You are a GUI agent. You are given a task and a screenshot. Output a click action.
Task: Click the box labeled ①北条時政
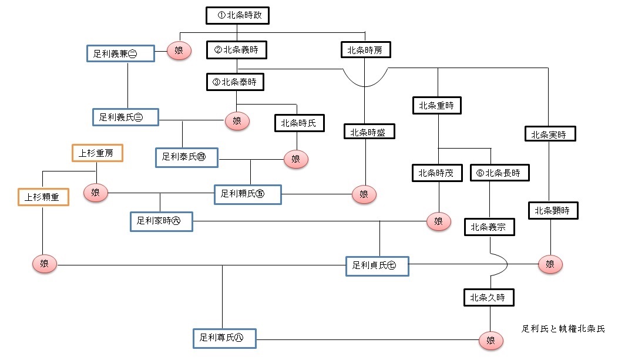tap(237, 15)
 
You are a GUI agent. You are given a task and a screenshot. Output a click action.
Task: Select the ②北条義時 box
tap(237, 50)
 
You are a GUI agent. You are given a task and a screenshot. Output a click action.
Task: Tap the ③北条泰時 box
tap(236, 82)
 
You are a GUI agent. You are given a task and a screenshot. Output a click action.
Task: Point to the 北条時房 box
tap(366, 50)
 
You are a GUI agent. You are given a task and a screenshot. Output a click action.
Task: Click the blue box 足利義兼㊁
tap(120, 53)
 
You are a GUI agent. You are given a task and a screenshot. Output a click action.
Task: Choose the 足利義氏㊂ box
tap(126, 117)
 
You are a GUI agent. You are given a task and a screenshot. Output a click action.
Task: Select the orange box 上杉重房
tap(97, 153)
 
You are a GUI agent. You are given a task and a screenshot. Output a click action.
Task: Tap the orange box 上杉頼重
tap(43, 197)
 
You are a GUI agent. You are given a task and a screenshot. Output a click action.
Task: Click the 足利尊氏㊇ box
tap(224, 338)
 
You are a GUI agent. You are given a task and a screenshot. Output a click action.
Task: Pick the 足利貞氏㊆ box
tap(377, 266)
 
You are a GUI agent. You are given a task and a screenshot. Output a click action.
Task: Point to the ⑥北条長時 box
tap(500, 173)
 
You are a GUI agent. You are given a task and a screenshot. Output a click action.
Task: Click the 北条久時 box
tap(489, 298)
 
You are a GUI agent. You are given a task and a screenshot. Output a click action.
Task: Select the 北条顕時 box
tap(553, 211)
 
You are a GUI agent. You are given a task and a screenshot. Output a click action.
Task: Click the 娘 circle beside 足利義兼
tap(179, 51)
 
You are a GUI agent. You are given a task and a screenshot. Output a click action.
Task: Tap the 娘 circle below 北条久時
tap(491, 341)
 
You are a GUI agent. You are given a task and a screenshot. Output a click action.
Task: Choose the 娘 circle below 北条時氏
tap(296, 160)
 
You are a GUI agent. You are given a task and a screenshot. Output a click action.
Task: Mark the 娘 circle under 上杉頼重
tap(44, 264)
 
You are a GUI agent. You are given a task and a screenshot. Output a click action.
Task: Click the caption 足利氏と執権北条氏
tap(563, 329)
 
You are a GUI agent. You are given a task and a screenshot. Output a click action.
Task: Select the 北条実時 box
tap(550, 134)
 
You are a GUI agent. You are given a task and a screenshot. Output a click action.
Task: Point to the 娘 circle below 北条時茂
tap(439, 221)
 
